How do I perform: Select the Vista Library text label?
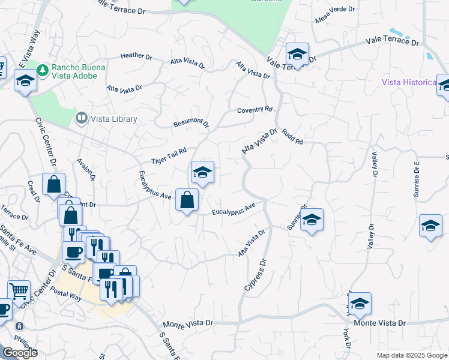pos(114,119)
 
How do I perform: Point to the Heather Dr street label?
pos(136,56)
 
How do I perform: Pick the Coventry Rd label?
pos(255,110)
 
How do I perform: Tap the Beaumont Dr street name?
pos(191,124)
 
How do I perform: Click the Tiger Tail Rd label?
pos(169,156)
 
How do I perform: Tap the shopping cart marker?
pos(19,292)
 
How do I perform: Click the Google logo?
pos(19,353)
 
